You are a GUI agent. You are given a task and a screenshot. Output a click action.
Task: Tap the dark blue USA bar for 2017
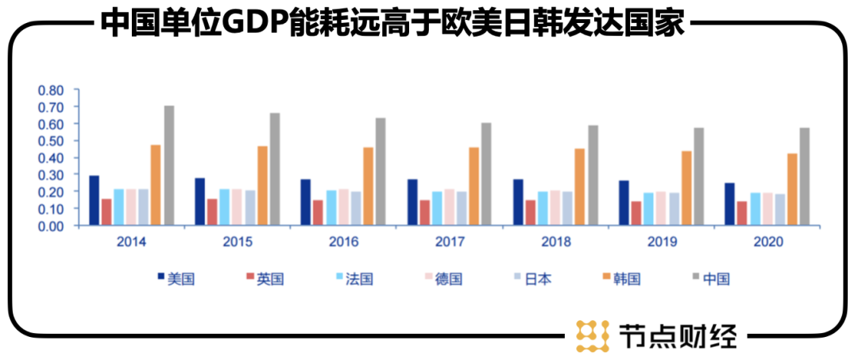412,202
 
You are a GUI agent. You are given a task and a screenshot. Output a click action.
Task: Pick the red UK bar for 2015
212,211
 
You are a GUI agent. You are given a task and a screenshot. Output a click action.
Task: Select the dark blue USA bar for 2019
624,203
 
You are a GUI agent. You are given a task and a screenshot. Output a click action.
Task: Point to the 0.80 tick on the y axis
51,90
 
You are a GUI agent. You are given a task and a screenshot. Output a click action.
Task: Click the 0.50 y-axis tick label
51,141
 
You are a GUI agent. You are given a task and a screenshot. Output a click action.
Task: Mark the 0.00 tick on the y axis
51,226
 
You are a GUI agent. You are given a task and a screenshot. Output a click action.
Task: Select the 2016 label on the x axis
343,242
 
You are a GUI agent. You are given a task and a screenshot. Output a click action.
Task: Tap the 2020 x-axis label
767,242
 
